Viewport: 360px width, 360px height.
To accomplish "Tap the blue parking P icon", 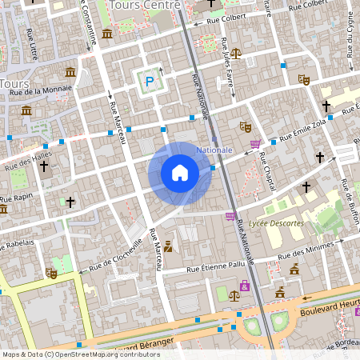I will pos(149,80).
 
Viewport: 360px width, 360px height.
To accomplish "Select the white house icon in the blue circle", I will pos(179,173).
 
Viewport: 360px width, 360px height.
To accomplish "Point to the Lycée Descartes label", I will pos(276,223).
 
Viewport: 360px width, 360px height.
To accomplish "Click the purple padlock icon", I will pos(244,285).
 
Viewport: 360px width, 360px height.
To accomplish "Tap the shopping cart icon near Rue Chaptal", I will pos(255,145).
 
